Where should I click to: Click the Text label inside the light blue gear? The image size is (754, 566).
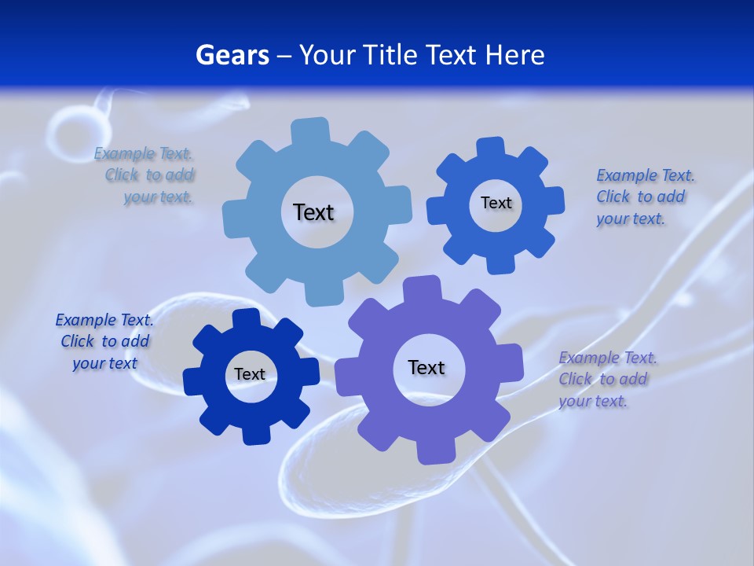tap(313, 212)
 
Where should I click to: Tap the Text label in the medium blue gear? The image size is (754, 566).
tap(496, 203)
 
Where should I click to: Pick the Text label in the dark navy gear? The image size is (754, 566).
tap(250, 374)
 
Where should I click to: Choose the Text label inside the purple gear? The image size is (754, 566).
tap(426, 367)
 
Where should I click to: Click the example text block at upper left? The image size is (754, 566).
tap(145, 175)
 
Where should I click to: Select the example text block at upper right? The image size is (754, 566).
tap(645, 197)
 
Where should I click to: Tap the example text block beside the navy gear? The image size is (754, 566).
tap(104, 341)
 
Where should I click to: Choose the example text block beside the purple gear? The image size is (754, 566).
tap(607, 379)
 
